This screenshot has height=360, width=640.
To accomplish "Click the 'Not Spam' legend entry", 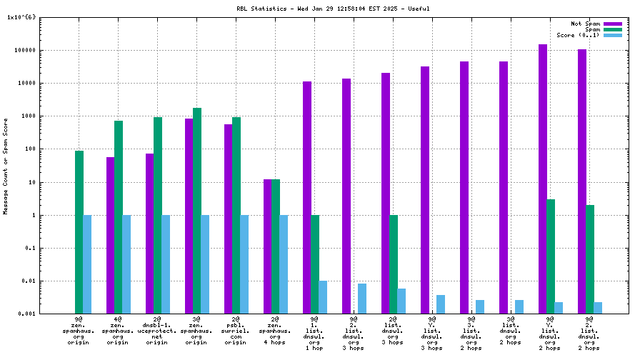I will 585,24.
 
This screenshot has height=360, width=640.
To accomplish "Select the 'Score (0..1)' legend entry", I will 578,35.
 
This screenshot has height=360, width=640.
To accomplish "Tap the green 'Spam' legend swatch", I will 613,29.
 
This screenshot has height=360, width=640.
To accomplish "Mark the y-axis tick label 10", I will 31,182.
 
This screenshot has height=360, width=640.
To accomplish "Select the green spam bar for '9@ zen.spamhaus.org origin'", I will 79,232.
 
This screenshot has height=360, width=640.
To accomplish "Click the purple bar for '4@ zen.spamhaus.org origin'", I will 111,235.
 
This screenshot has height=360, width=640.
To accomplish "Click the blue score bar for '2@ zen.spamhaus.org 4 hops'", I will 284,264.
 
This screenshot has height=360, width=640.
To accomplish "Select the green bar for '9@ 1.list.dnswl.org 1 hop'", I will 315,264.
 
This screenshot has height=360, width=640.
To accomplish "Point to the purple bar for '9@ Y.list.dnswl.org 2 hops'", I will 543,179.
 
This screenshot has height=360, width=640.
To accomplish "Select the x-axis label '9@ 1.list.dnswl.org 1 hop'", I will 315,333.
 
